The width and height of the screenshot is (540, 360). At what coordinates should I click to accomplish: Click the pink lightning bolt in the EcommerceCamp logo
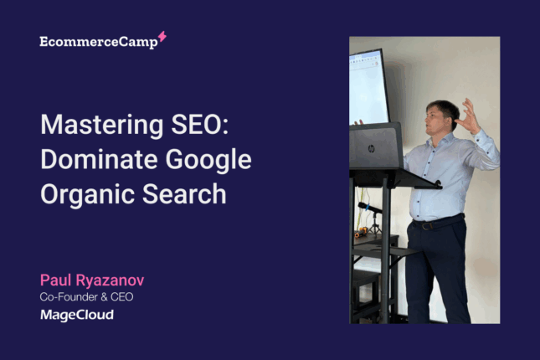pos(162,37)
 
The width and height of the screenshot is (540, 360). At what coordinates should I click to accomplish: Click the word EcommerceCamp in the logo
pos(99,42)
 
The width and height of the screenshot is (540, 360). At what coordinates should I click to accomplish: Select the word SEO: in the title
pos(200,124)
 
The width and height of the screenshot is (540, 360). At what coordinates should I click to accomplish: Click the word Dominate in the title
pos(99,159)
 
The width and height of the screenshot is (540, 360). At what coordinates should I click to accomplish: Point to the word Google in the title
pos(208,161)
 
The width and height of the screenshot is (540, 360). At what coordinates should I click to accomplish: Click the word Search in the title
pos(184,194)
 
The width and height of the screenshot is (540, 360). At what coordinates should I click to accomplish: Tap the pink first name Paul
pos(55,280)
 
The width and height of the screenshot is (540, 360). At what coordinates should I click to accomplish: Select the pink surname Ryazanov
pos(110,280)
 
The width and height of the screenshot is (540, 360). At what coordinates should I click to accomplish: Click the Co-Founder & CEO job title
pos(86,296)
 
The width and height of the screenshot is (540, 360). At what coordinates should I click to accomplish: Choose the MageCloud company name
pos(77,315)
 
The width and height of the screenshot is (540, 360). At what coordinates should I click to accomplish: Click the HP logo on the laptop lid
pos(371,149)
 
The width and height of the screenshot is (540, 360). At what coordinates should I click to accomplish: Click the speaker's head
pos(441,117)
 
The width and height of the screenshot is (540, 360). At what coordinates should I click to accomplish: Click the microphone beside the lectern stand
pos(369,208)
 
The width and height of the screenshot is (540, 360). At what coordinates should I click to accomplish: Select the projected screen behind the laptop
pos(368,87)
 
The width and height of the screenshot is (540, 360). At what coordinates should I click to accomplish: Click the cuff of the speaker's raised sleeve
pos(479,136)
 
